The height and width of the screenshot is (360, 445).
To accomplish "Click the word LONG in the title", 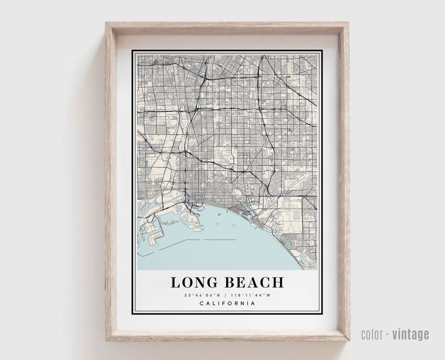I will point(194,282).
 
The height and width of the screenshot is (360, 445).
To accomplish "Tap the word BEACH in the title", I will point(254,282).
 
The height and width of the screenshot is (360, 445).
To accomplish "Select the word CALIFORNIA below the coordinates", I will point(227,304).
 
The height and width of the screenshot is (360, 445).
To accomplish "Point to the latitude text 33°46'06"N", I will point(203,295).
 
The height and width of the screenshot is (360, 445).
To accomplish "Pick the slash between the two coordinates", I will point(227,295).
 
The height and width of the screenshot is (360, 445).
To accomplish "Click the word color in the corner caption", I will point(372,334).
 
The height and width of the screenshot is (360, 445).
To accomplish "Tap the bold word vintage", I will point(410,334).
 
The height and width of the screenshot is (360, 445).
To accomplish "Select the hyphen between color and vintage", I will point(388,334).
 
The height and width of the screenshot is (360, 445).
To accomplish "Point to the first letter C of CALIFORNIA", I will point(201,304).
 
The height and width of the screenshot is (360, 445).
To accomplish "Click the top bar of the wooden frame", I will point(227,28).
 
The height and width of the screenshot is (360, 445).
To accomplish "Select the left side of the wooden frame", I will point(111,181).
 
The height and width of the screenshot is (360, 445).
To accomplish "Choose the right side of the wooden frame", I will point(343,181).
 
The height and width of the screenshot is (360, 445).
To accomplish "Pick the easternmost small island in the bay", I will point(234,226).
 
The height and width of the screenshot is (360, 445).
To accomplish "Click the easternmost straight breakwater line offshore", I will point(220,240).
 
